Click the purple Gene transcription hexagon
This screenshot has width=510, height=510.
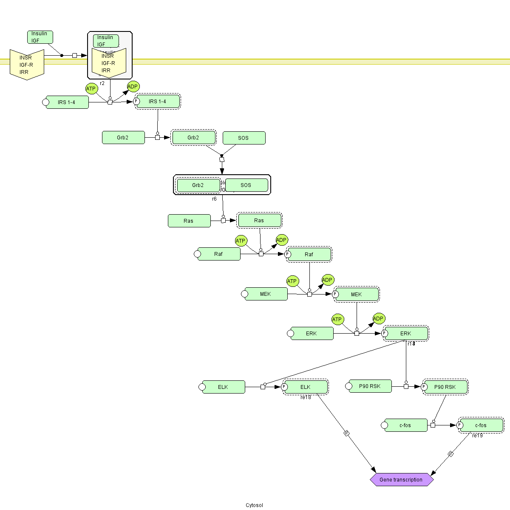coord(402,480)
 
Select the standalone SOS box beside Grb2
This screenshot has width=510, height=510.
coord(244,138)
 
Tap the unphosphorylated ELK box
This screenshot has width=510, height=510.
coord(224,387)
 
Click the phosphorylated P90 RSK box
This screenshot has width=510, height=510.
coord(445,387)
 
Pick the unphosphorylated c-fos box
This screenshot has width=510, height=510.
coord(406,425)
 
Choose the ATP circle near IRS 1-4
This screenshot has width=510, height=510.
coord(91,89)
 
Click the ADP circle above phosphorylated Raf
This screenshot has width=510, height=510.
coord(282,240)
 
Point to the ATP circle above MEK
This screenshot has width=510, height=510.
coord(292,281)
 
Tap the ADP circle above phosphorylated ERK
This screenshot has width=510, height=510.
coord(379,319)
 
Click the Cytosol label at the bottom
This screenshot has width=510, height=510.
coord(254,505)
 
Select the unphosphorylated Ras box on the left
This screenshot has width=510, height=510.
coord(189,221)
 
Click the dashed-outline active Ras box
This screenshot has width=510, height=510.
coord(259,221)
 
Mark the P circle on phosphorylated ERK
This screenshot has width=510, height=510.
coord(385,334)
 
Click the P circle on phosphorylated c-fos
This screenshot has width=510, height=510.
coord(459,425)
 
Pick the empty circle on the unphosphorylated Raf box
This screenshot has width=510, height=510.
coord(197,254)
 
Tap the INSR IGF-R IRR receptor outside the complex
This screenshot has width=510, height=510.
coord(27,65)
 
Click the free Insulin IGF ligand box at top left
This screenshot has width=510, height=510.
coord(40,37)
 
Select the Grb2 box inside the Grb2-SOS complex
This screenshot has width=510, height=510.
coord(198,185)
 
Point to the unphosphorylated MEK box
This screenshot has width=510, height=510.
coord(266,294)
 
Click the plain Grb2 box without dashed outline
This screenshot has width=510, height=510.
coord(123,138)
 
